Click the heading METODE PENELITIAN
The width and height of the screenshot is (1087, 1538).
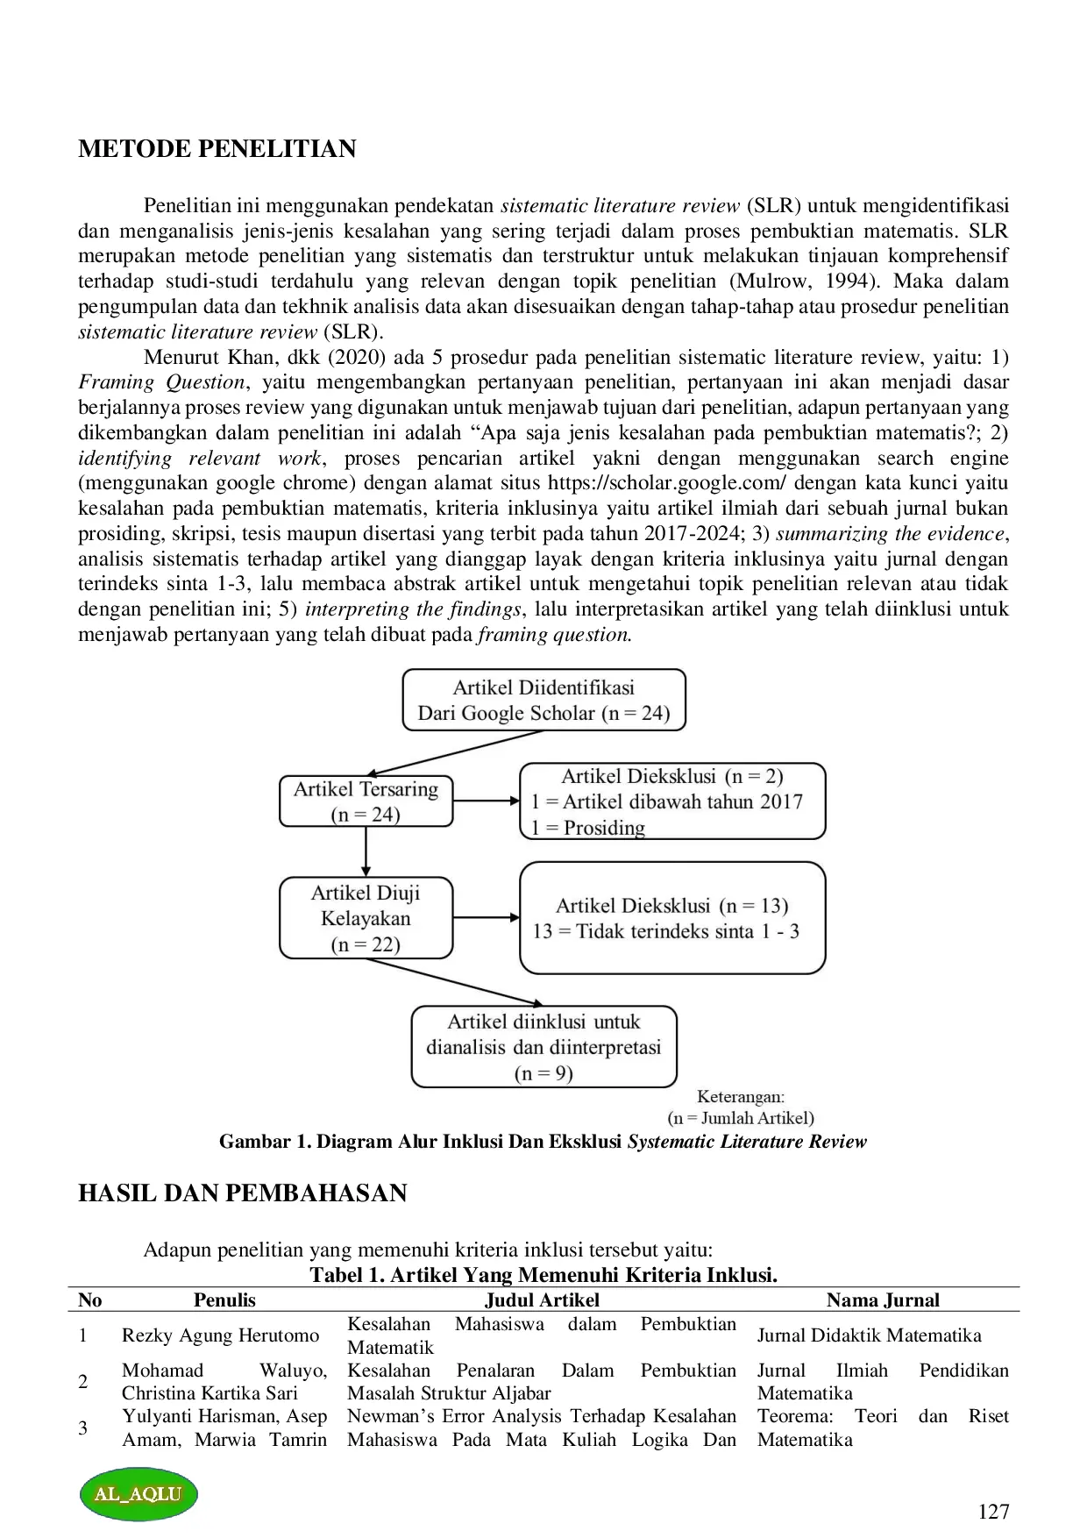click(x=217, y=149)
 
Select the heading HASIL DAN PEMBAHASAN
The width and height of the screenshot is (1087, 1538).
click(x=242, y=1193)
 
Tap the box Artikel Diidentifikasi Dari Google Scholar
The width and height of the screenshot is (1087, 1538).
click(x=543, y=700)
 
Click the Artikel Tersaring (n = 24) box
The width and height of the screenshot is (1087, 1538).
click(x=366, y=801)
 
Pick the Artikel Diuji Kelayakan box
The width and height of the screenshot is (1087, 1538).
click(x=366, y=918)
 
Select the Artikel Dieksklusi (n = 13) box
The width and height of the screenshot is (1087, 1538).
click(x=671, y=918)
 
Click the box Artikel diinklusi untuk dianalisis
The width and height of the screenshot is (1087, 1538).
click(x=543, y=1046)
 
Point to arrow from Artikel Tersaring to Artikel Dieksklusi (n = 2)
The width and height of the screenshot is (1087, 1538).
click(x=487, y=801)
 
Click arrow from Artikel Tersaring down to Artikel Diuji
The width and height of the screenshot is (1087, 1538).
click(x=366, y=851)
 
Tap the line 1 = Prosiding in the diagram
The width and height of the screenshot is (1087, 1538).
click(x=588, y=828)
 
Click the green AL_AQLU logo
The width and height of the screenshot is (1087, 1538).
click(x=139, y=1494)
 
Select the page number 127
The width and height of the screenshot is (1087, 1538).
click(x=993, y=1512)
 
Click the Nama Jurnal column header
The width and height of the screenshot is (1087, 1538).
click(x=882, y=1300)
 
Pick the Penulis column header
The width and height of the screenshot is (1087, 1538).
click(x=224, y=1300)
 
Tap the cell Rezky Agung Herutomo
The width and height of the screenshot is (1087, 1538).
click(x=220, y=1335)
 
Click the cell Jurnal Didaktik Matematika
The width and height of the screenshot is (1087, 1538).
click(x=869, y=1335)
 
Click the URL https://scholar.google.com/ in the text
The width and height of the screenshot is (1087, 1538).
click(x=667, y=483)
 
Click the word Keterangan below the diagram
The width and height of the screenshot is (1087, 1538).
click(x=740, y=1096)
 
